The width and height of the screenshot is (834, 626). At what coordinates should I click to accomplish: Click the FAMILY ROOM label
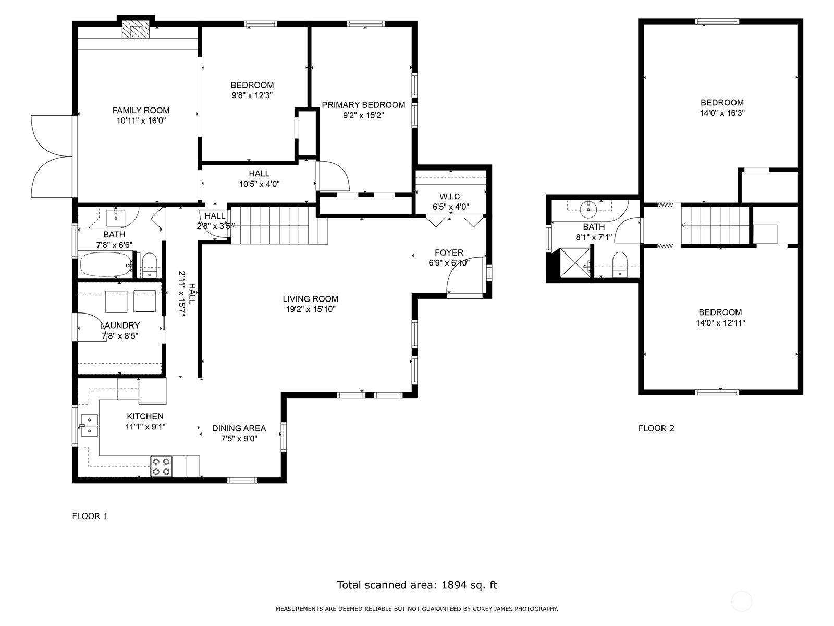click(141, 110)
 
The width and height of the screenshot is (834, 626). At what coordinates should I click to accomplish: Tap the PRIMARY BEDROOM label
click(363, 105)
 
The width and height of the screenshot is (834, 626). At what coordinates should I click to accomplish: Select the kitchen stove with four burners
click(161, 466)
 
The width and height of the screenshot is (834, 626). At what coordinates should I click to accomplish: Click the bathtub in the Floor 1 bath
click(105, 264)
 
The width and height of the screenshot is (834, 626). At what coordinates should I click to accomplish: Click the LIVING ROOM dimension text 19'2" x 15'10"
click(311, 309)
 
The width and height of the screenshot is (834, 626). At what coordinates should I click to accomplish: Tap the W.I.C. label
click(451, 197)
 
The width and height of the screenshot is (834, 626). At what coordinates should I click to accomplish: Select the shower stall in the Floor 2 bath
click(575, 262)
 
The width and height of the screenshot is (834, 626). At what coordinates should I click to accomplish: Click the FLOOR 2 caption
click(656, 428)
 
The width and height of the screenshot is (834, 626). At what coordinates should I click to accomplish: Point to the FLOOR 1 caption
click(90, 516)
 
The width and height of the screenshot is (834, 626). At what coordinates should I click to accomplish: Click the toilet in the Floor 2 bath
click(620, 264)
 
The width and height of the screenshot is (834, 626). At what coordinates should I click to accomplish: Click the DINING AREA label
click(239, 428)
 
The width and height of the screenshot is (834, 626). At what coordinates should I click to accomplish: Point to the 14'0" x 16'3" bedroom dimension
click(722, 113)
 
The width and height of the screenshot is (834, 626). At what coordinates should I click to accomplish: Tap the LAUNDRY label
click(120, 326)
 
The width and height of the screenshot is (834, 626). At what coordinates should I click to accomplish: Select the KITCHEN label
click(145, 417)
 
